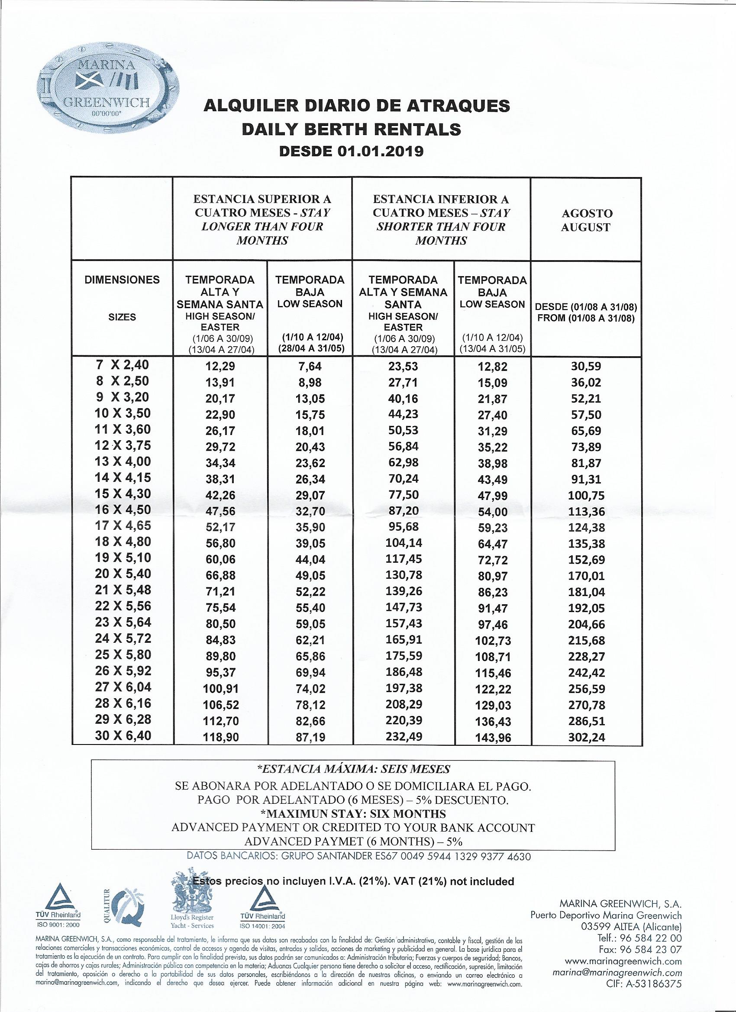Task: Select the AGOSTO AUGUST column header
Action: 586,220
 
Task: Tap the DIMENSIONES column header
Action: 122,280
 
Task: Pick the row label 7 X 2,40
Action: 122,365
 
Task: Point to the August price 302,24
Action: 587,737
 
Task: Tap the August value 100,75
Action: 587,495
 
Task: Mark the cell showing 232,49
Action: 403,736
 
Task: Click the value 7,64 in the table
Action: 309,366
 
